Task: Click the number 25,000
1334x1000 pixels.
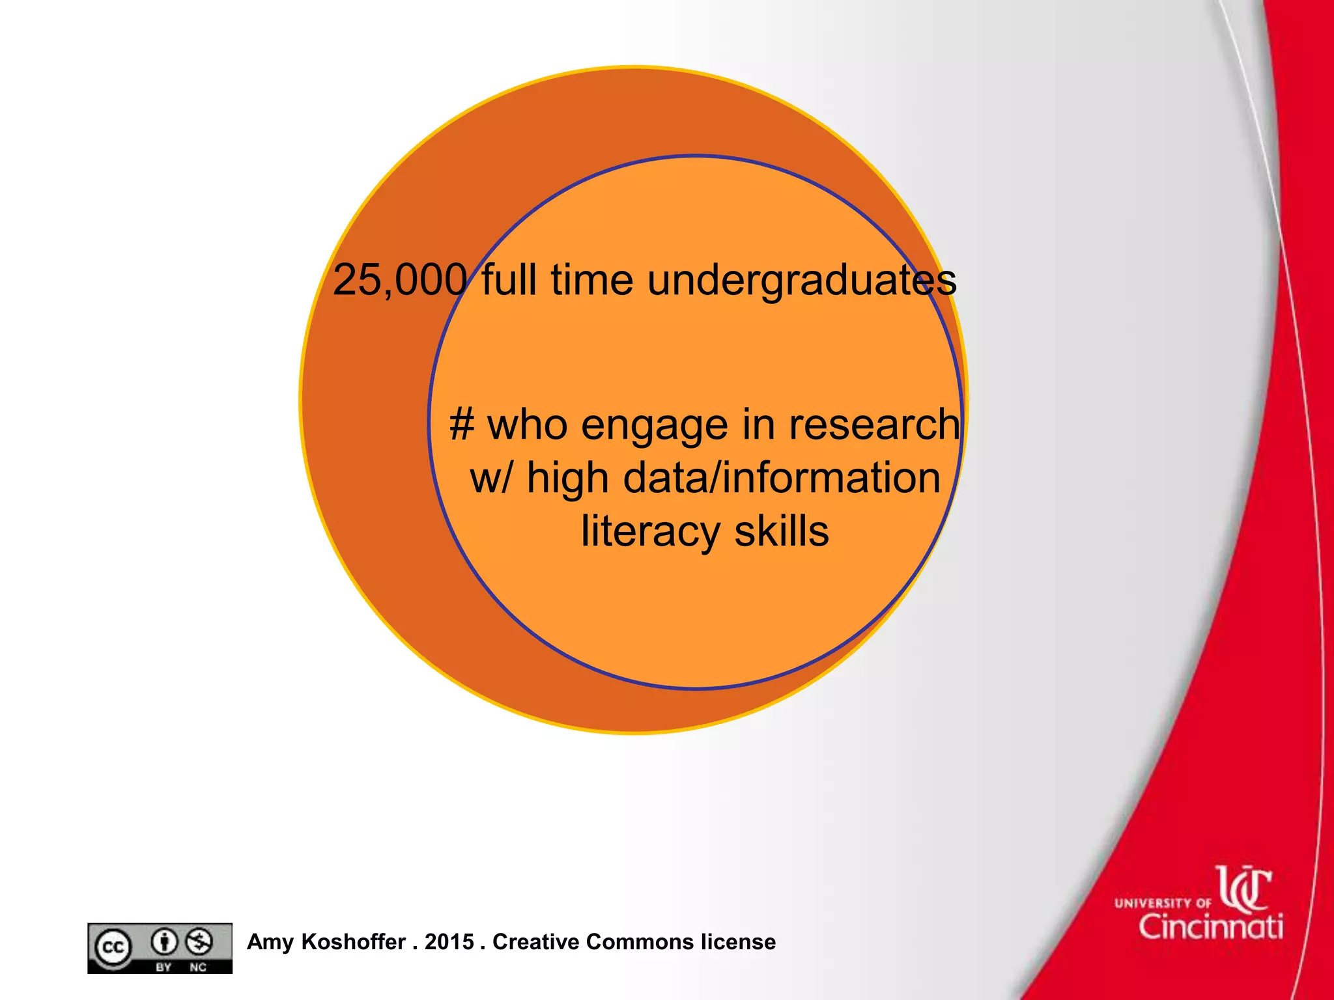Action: coord(399,280)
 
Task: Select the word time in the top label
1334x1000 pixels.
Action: coord(591,280)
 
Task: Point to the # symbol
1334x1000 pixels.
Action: coord(461,424)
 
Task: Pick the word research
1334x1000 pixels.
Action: coord(874,424)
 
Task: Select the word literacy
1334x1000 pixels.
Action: coord(650,531)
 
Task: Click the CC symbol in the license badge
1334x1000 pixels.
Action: coord(113,947)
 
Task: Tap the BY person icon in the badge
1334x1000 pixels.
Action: coord(164,941)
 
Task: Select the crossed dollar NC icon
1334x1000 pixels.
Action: coord(199,941)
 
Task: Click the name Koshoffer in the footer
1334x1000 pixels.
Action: coord(354,941)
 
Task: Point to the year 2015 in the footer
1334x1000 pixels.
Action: coord(449,941)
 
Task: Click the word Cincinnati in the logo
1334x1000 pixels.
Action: coord(1211,926)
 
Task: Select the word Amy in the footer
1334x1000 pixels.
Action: coord(271,942)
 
